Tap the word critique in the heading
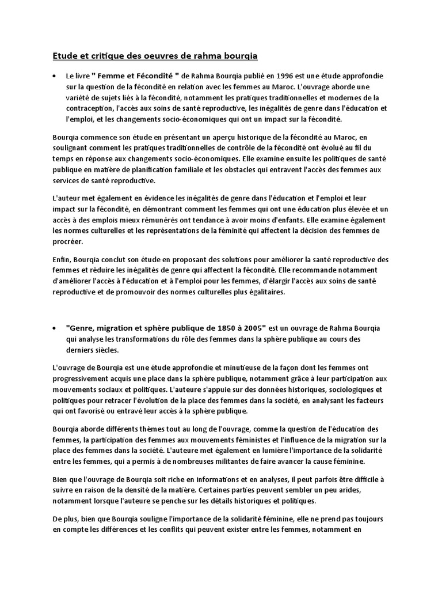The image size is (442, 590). [96, 56]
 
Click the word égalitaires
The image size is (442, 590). [263, 292]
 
